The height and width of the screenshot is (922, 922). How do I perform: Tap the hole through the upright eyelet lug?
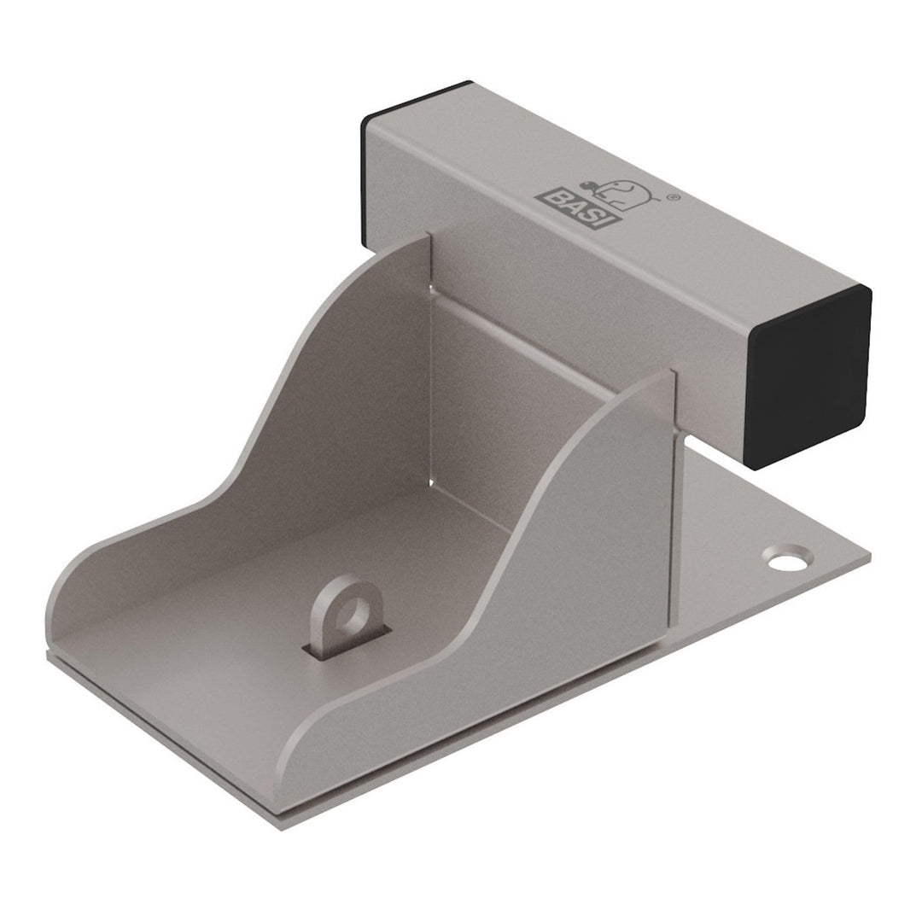[x=353, y=615]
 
